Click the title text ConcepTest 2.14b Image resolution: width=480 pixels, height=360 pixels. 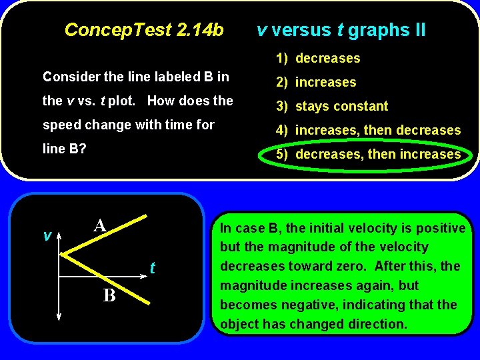(x=144, y=30)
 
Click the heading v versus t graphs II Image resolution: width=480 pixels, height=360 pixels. (x=341, y=30)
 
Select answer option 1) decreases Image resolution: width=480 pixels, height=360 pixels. (x=319, y=58)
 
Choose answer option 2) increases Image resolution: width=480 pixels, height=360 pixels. (x=317, y=82)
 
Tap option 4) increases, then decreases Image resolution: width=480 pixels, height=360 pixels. (x=369, y=130)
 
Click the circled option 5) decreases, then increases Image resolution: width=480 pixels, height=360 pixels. (x=369, y=154)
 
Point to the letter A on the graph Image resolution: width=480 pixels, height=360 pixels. (x=101, y=225)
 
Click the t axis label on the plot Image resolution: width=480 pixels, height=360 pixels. (x=153, y=268)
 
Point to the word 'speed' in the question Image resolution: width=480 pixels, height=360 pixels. (x=58, y=125)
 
